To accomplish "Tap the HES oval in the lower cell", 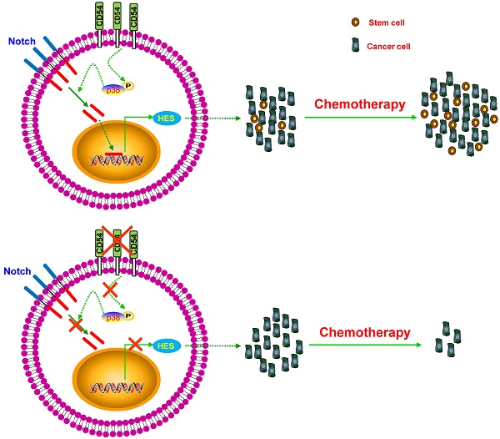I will pyautogui.click(x=167, y=345).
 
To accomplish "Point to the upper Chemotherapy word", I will pyautogui.click(x=358, y=105).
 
